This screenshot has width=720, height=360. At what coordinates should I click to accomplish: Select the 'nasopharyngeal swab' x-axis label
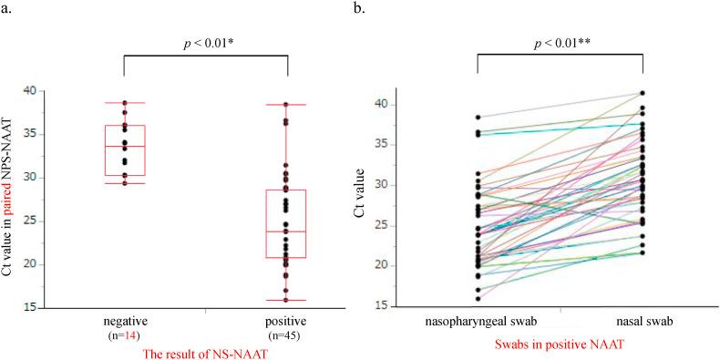[478, 324]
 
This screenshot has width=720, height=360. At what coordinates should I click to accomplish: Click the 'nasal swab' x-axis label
[643, 324]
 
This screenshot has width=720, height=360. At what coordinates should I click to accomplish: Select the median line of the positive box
[287, 231]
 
